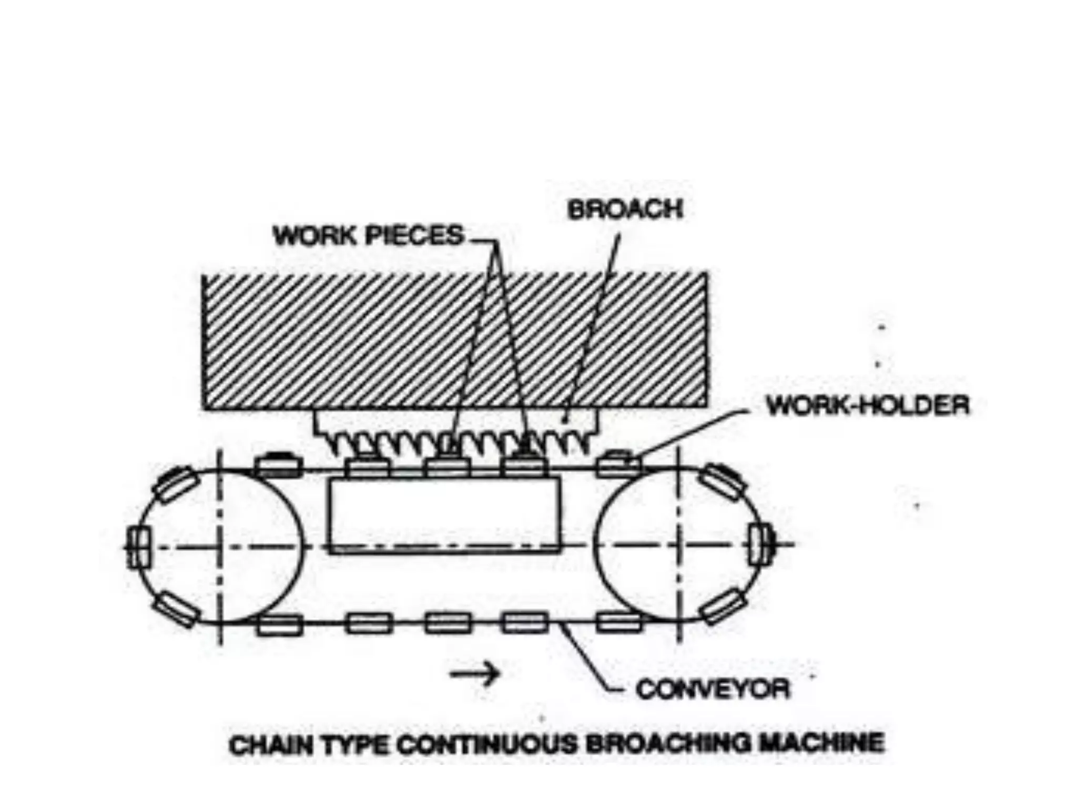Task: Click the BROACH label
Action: tap(625, 209)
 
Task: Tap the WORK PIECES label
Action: tap(369, 235)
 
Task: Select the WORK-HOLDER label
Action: tap(868, 406)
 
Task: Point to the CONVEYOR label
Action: tap(713, 689)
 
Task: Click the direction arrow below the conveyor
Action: tap(475, 673)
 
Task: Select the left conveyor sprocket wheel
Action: tap(221, 546)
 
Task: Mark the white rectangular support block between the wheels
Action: tap(444, 516)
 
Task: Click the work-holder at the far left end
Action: tap(137, 547)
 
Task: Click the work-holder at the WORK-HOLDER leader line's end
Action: tap(619, 464)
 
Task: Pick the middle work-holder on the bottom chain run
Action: tap(448, 623)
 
